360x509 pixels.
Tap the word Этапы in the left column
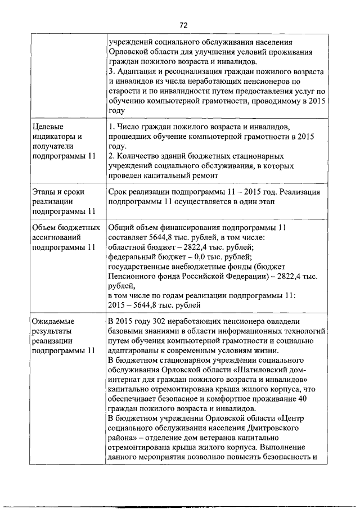click(x=44, y=192)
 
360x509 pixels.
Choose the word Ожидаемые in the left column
click(x=53, y=321)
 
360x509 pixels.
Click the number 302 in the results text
click(x=160, y=321)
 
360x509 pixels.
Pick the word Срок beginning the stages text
click(x=117, y=192)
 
